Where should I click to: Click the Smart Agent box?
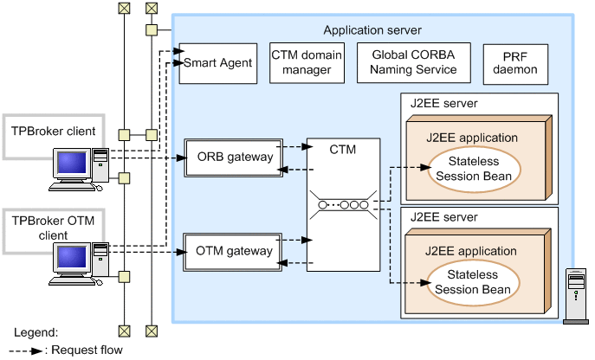[217, 63]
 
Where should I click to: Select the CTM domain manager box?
[307, 62]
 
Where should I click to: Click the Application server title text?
[372, 30]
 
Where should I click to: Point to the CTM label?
[343, 150]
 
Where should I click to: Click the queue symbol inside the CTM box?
[344, 205]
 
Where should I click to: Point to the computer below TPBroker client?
[80, 170]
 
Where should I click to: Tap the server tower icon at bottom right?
[576, 295]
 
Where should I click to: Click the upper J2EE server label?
[444, 104]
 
